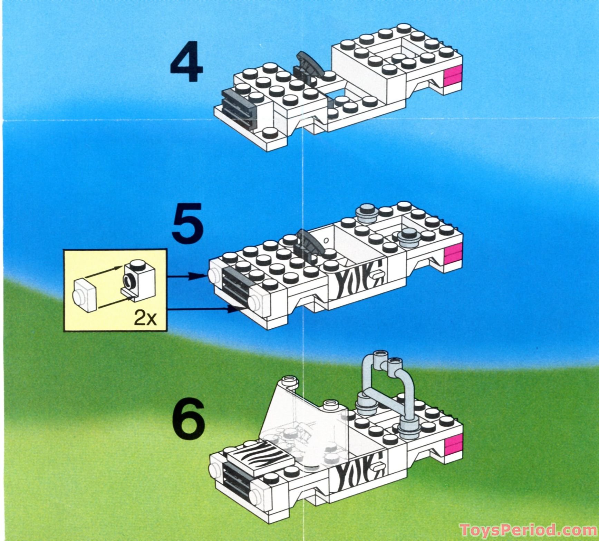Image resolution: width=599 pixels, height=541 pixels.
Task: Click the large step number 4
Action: point(186,62)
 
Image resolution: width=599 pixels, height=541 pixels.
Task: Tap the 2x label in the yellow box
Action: point(145,318)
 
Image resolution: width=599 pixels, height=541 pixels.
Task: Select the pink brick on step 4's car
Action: point(453,76)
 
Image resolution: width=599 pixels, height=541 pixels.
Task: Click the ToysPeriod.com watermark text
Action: point(528,529)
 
